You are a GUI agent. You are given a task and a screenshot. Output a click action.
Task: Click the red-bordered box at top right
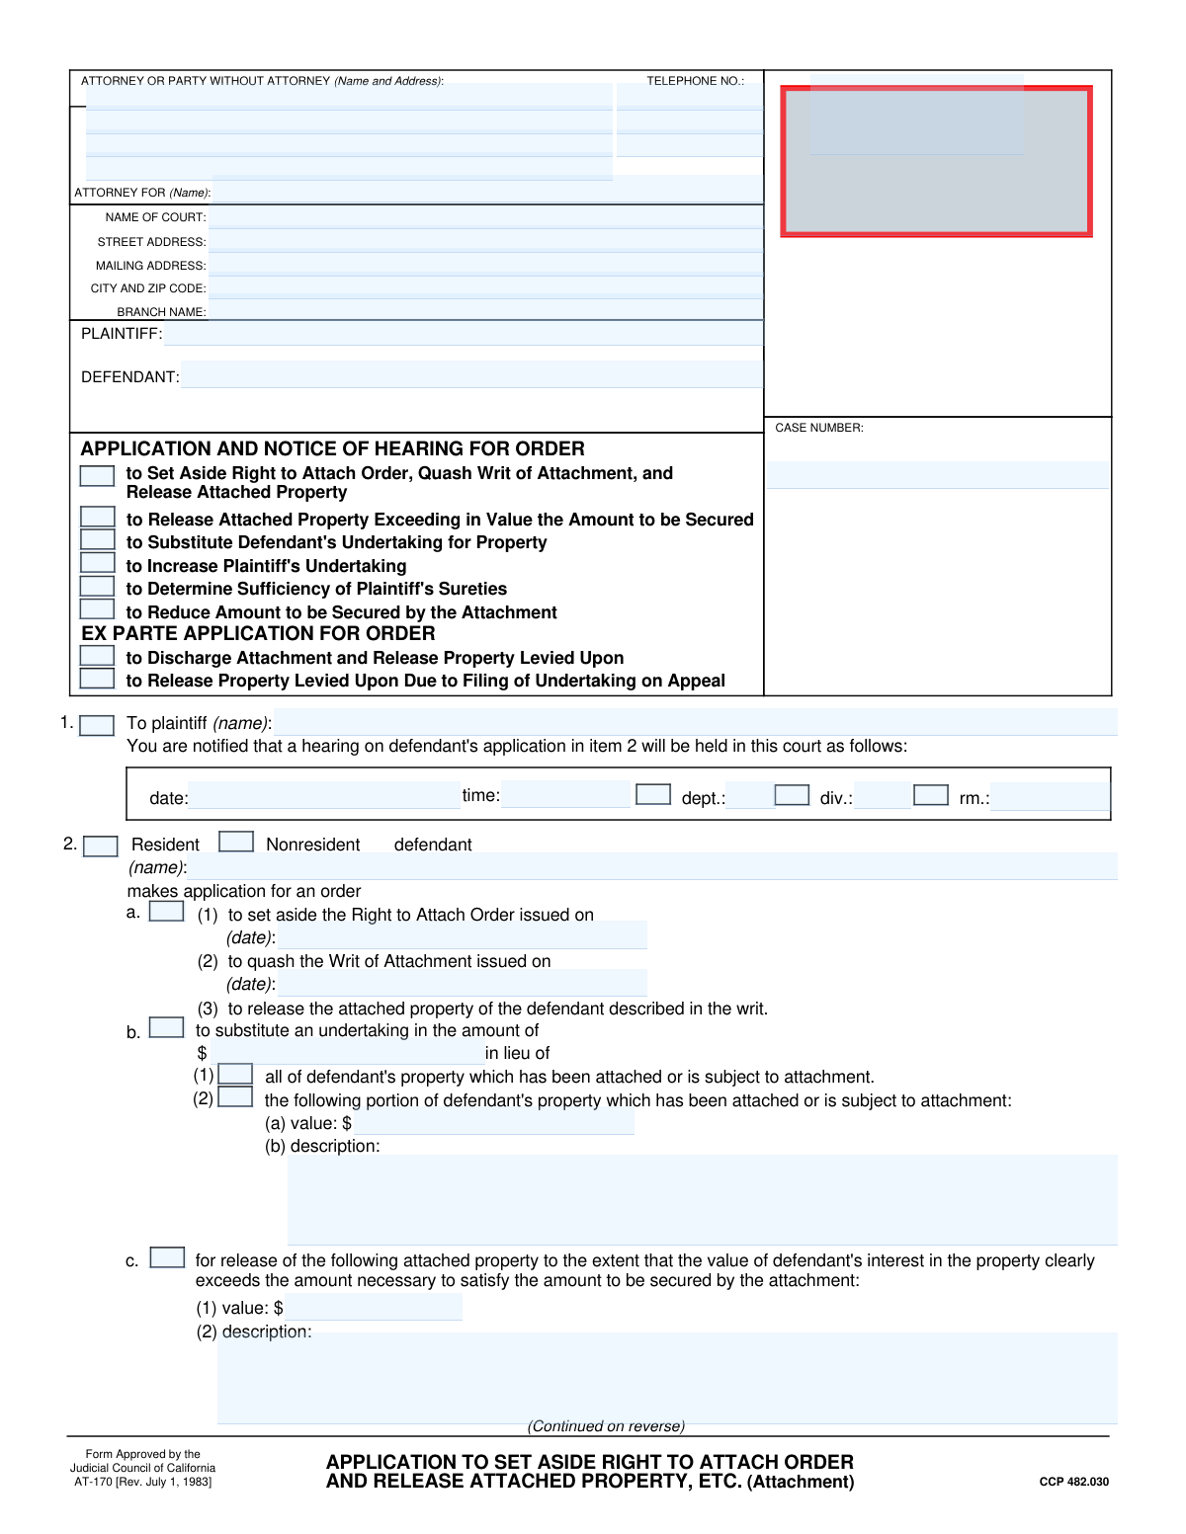coord(936,161)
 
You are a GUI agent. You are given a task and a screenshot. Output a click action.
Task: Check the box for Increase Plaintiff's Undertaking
coord(97,563)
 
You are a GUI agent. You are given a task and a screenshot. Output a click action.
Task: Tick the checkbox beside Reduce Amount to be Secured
coord(97,609)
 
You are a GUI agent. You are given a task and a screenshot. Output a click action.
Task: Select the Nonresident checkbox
coord(236,842)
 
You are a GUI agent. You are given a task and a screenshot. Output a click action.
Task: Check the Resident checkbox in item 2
coord(101,847)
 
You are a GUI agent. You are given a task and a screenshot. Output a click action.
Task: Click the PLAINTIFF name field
coord(463,334)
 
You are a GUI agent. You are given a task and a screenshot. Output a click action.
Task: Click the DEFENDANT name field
coord(471,375)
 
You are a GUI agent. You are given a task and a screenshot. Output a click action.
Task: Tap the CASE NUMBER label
coord(819,428)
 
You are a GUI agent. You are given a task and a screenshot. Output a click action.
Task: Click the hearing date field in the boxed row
coord(324,796)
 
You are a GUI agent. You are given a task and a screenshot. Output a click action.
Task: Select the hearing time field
coord(565,794)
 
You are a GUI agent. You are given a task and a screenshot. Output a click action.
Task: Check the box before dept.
coord(653,794)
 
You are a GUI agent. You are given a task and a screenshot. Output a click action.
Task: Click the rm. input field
coord(1050,797)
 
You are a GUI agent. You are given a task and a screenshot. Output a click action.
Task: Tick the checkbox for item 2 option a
coord(166,912)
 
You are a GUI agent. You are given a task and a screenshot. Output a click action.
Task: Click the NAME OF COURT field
coord(485,217)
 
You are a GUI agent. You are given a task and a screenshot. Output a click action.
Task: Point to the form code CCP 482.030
coord(1073,1482)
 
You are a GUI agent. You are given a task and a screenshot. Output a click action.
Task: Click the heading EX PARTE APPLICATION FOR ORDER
coord(258,634)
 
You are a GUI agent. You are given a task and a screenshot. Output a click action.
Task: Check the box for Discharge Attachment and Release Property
coord(97,656)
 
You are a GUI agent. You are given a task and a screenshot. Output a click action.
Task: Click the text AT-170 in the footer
coord(92,1482)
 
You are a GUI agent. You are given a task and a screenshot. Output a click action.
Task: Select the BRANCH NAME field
coord(485,311)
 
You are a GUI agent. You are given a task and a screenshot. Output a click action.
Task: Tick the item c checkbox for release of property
coord(167,1257)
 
